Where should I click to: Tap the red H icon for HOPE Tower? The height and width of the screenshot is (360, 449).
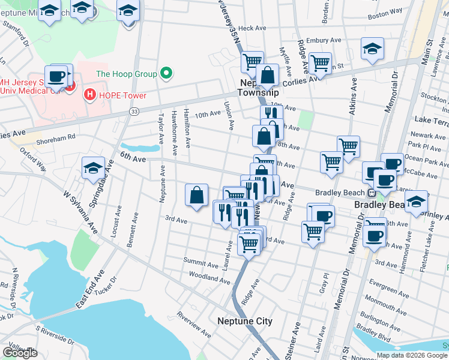point(89,94)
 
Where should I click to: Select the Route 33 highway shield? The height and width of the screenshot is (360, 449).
point(135,112)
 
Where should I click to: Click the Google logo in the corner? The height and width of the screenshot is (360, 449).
point(20,353)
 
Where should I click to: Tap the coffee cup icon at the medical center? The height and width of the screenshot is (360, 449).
point(56,76)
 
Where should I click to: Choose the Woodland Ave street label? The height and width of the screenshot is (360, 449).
point(209,277)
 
